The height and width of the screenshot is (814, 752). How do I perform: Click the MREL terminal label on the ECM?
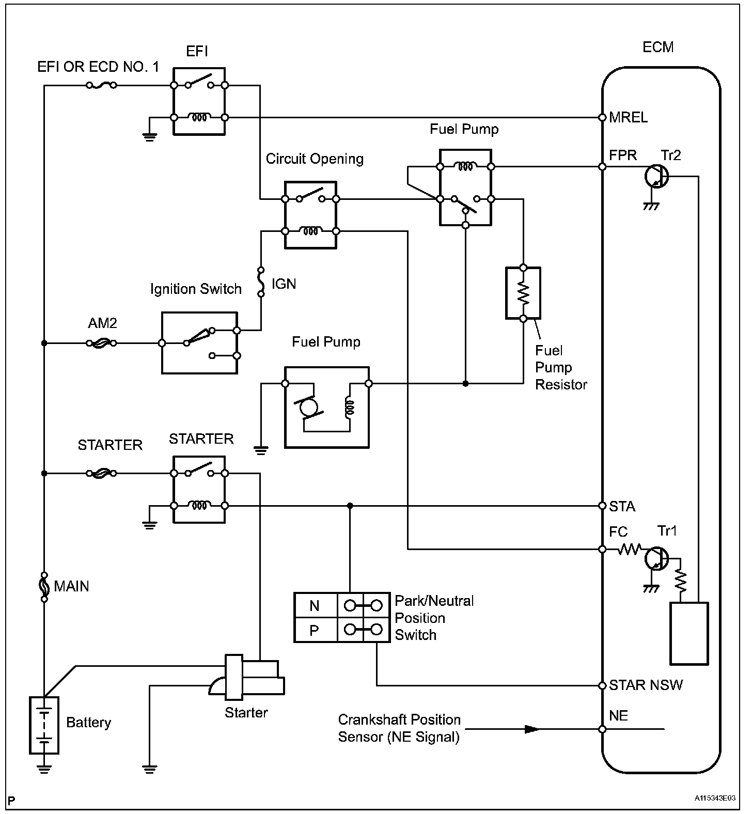click(x=628, y=117)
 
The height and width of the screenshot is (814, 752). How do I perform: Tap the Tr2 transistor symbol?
click(x=656, y=177)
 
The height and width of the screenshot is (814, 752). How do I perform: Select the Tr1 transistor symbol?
click(x=656, y=558)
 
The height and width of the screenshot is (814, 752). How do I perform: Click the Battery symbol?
click(x=44, y=725)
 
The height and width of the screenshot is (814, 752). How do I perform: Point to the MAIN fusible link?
click(x=44, y=587)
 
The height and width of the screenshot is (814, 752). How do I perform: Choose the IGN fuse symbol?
click(x=261, y=282)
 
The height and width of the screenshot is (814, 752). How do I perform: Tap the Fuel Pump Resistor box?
click(x=523, y=293)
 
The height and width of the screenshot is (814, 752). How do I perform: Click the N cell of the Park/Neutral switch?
click(x=315, y=605)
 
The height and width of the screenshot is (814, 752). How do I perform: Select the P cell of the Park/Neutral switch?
click(x=315, y=630)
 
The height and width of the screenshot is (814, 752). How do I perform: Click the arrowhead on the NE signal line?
click(x=532, y=729)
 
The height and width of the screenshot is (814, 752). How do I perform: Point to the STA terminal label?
click(x=622, y=506)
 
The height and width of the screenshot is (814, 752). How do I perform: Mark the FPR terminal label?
click(x=623, y=155)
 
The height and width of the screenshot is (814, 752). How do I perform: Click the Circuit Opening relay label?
click(x=315, y=159)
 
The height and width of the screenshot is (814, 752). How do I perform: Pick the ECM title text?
click(x=658, y=47)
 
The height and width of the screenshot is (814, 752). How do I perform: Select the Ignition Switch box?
click(x=199, y=342)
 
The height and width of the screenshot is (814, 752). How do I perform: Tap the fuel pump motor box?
click(x=326, y=407)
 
